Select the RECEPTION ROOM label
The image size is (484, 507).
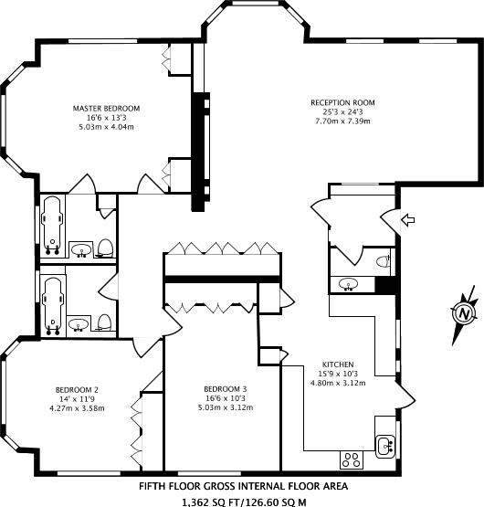tap(342, 102)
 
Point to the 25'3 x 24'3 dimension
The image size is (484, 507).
tap(342, 111)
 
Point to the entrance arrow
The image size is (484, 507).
tap(408, 220)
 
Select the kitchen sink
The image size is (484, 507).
tap(385, 446)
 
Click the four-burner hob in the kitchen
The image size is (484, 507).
tap(350, 457)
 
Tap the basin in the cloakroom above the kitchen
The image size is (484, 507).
tap(348, 284)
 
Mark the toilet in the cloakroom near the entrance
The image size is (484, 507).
tap(383, 261)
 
